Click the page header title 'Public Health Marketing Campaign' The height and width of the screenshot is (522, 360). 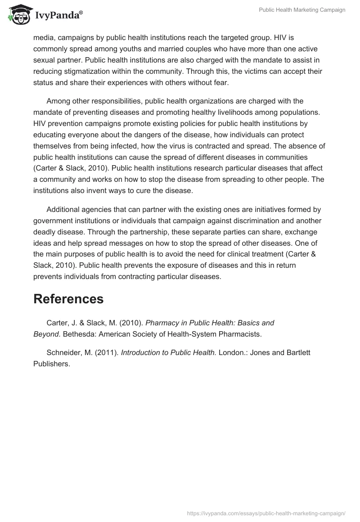[302, 10]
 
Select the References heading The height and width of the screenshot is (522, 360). [68, 299]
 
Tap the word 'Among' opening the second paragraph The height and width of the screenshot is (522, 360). [57, 100]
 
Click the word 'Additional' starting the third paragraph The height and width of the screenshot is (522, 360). [63, 209]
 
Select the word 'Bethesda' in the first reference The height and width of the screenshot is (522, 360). [77, 334]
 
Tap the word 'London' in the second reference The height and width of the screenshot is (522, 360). [231, 352]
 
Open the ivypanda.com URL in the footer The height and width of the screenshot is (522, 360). [265, 513]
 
